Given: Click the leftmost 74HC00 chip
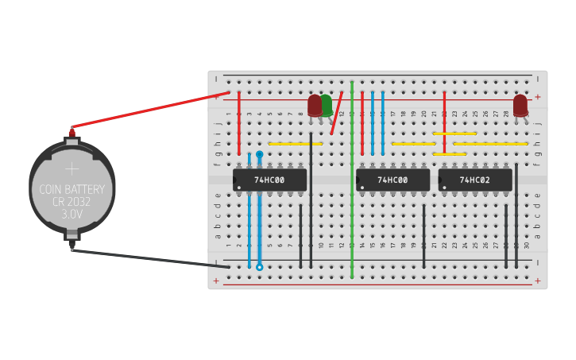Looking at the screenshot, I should (x=269, y=180).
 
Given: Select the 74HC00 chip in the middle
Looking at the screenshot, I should (x=392, y=180).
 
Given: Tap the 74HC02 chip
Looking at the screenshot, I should (x=474, y=180).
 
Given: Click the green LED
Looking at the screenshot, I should (x=327, y=104).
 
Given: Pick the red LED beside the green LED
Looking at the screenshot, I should (x=315, y=105).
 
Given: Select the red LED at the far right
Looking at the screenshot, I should (x=520, y=105).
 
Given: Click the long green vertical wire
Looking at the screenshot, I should (x=352, y=199).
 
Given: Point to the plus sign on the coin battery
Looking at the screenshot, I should (x=72, y=168).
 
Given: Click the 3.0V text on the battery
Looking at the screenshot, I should (x=72, y=214).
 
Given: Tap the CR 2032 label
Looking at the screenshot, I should (x=72, y=202).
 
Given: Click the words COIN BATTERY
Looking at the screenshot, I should (x=72, y=189).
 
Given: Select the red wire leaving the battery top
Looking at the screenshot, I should (x=143, y=110).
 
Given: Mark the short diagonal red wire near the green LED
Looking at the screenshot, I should (x=337, y=113).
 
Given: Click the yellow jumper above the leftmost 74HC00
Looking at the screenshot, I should (x=296, y=144).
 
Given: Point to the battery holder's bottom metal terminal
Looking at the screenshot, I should (x=72, y=238).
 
